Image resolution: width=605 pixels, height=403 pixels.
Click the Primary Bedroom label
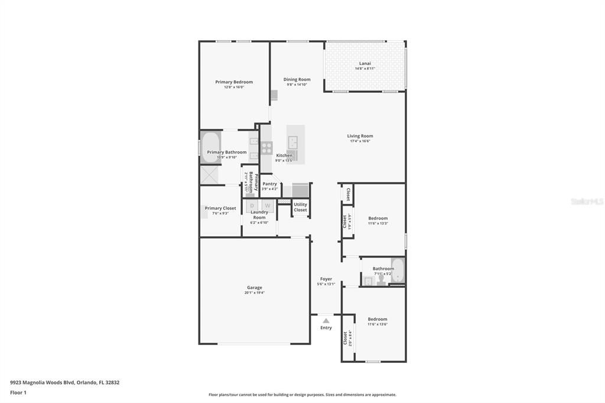click(234, 82)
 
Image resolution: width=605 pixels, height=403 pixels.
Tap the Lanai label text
click(365, 63)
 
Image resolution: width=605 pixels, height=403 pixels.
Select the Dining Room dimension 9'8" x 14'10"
click(297, 84)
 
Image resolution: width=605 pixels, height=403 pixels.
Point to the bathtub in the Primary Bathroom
click(210, 148)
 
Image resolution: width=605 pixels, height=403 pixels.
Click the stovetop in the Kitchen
click(266, 148)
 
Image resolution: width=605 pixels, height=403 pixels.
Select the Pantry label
click(269, 184)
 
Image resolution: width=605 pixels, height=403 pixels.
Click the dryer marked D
click(251, 206)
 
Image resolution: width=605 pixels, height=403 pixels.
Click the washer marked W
click(266, 206)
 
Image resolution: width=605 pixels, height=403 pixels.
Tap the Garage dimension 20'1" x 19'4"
click(255, 292)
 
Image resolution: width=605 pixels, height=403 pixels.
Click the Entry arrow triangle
click(326, 320)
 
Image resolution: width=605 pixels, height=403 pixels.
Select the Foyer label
click(326, 279)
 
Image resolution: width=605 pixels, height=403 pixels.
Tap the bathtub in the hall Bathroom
click(398, 271)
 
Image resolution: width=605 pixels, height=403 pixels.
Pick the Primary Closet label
click(220, 208)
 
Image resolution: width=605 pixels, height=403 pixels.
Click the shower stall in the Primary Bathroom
click(210, 175)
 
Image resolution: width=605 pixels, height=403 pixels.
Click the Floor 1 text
click(18, 392)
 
